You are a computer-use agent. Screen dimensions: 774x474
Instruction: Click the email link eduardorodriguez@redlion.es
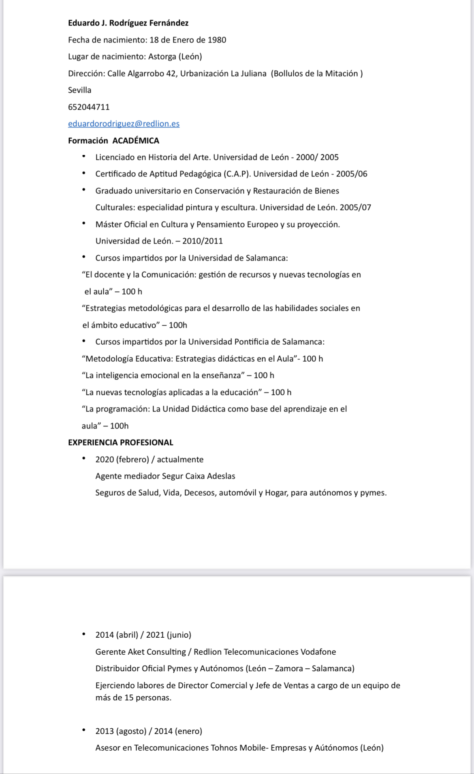124,124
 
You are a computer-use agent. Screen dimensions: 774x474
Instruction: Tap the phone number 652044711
89,107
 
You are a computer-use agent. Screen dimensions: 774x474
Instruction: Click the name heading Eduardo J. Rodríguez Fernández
128,23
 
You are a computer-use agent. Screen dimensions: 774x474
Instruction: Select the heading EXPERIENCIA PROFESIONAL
120,443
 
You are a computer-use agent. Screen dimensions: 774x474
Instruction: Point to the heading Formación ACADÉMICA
113,141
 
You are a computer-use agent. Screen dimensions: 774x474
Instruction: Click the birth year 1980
217,40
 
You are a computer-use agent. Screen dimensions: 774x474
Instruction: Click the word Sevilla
80,90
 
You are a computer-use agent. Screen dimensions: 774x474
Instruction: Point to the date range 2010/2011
203,241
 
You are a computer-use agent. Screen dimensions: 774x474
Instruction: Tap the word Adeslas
221,476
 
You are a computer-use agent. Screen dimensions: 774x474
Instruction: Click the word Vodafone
318,652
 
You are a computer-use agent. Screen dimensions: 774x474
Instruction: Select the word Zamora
289,668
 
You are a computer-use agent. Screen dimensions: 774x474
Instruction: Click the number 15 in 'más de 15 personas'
129,698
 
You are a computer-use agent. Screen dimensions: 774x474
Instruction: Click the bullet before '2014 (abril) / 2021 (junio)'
84,634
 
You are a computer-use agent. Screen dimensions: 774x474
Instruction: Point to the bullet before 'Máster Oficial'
84,223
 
